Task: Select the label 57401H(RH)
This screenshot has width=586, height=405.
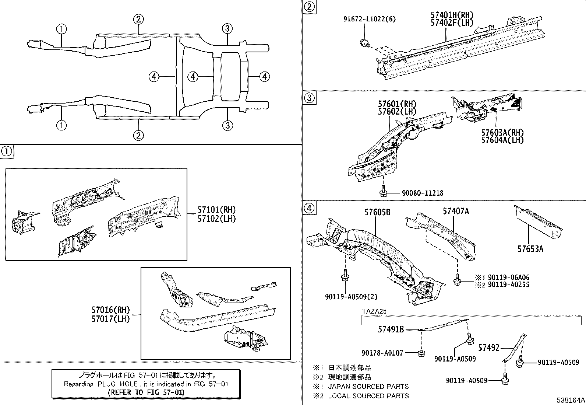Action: click(x=452, y=15)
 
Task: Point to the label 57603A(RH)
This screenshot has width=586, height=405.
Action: click(x=502, y=133)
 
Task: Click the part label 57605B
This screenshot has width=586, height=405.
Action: click(x=377, y=213)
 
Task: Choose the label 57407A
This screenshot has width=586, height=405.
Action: click(x=456, y=211)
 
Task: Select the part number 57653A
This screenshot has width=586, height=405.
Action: click(x=530, y=249)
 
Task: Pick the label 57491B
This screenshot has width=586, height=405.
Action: click(x=391, y=329)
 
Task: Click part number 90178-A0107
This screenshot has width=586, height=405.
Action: click(x=382, y=353)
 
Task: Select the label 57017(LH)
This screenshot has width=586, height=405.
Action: click(x=111, y=319)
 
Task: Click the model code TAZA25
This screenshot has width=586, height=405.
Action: click(x=374, y=311)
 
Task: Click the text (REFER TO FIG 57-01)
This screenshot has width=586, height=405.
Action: click(x=146, y=392)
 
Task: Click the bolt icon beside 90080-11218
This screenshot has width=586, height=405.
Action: click(x=383, y=191)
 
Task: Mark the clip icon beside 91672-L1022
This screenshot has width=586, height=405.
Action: click(x=364, y=43)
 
